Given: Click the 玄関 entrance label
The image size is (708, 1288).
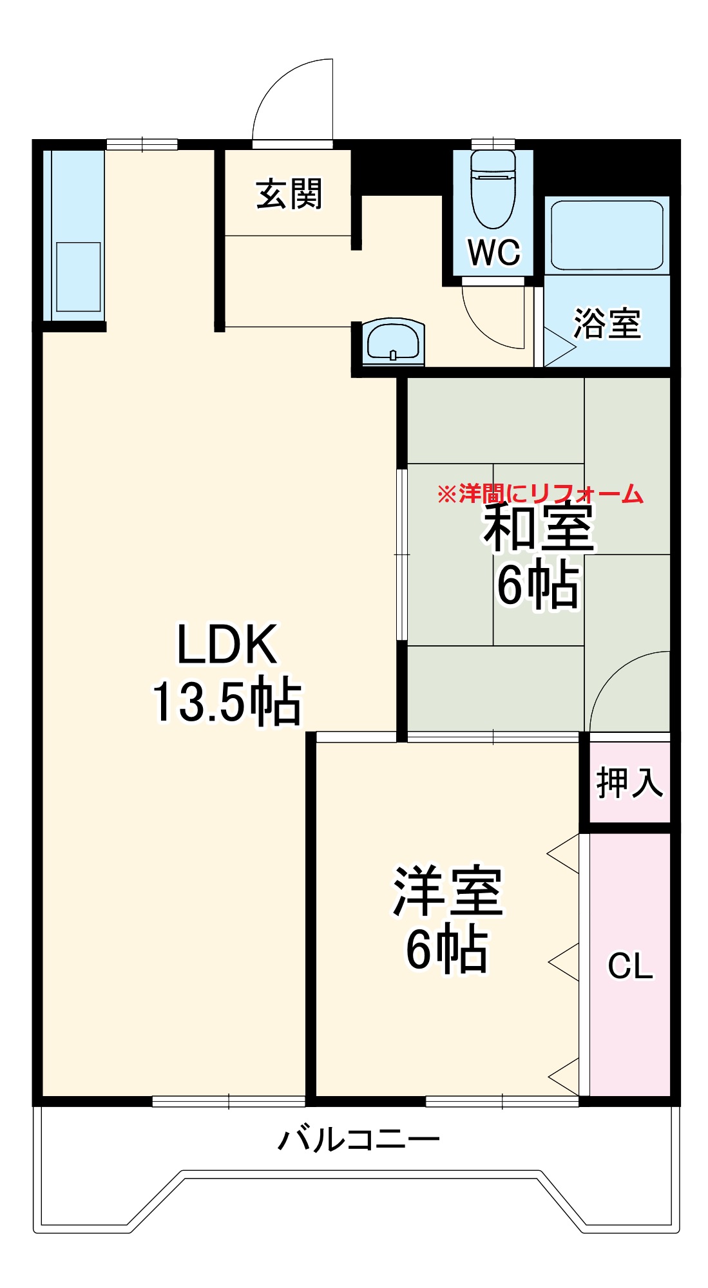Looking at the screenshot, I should [x=289, y=194].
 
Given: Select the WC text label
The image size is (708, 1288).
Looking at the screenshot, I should [x=493, y=252].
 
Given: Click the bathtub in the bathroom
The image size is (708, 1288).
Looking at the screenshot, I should [x=607, y=235].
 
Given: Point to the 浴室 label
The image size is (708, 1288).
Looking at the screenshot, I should [x=607, y=323].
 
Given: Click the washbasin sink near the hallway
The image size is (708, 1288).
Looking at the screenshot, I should [x=393, y=340].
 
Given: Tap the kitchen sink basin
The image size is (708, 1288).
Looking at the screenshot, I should [x=79, y=277].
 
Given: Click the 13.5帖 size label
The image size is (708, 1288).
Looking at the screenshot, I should [x=227, y=701].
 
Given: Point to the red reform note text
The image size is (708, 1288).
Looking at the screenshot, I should [x=540, y=494].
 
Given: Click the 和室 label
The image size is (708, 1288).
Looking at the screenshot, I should [x=540, y=528].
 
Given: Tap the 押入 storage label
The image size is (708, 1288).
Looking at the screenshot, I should [x=629, y=782].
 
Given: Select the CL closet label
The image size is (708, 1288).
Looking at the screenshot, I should [x=630, y=966].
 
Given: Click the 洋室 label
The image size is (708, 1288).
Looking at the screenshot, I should [x=447, y=892].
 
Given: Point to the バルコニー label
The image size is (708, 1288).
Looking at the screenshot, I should [x=359, y=1139].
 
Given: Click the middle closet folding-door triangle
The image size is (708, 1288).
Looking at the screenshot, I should [x=564, y=962].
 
